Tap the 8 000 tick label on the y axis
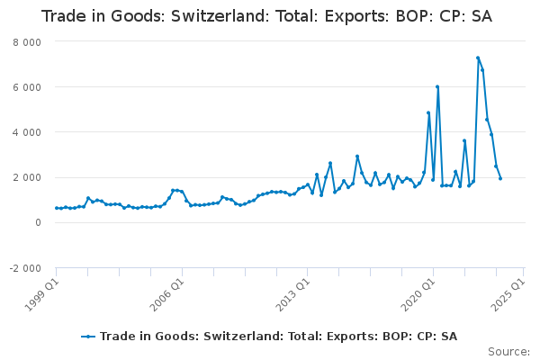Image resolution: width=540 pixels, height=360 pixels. [27, 42]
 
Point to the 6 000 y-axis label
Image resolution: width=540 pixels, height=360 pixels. [27, 87]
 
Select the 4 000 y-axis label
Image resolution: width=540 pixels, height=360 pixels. [27, 132]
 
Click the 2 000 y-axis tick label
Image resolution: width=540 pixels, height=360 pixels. [27, 178]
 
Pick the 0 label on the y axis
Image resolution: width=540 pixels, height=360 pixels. [38, 223]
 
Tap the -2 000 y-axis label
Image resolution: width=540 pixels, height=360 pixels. [25, 268]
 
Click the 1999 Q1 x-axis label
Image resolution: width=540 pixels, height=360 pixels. [42, 294]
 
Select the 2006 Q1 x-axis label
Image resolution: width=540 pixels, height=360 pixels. [168, 294]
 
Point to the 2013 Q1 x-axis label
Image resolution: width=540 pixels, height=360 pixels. [293, 294]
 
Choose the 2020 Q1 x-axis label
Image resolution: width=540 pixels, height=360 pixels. [419, 294]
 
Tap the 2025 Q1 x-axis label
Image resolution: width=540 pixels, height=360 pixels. [509, 294]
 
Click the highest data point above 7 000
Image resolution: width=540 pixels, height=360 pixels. [478, 58]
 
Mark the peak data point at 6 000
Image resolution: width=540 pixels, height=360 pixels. [437, 86]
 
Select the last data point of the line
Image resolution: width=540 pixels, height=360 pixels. [500, 178]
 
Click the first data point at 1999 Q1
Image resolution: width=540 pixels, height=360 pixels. [57, 208]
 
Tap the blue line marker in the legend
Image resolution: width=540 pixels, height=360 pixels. [88, 337]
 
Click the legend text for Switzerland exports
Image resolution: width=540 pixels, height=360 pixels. [279, 337]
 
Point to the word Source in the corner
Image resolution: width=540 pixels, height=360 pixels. [508, 352]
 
